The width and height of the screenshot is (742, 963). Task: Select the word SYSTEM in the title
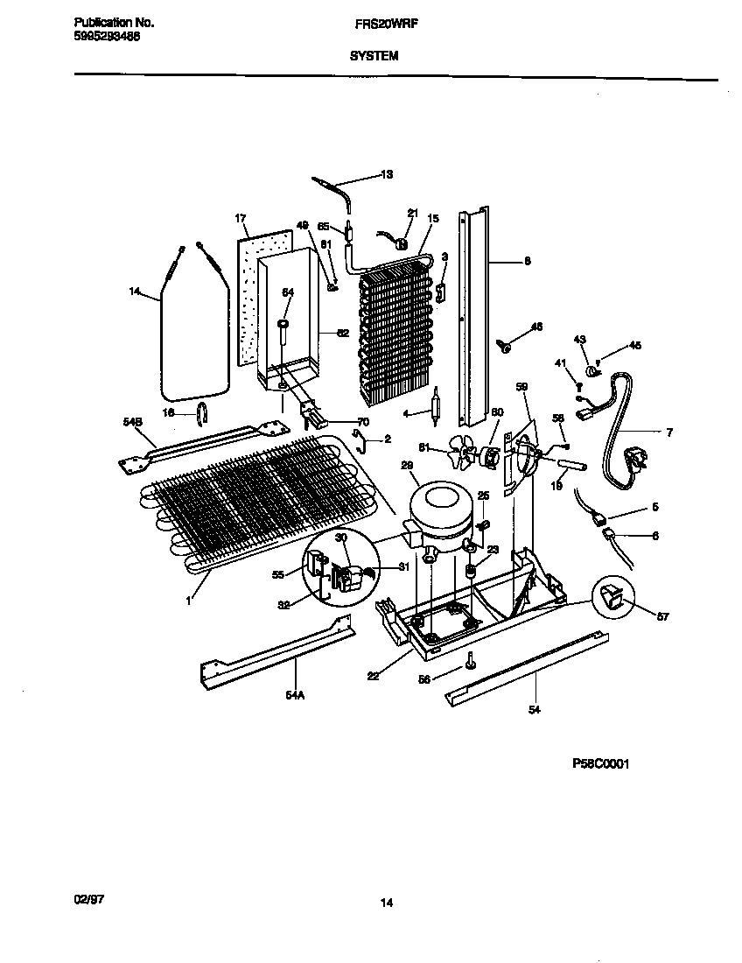[x=374, y=55]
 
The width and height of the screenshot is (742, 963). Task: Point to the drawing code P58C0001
[x=601, y=763]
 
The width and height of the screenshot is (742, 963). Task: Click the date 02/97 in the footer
[x=86, y=900]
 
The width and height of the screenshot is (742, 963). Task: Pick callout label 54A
[x=297, y=694]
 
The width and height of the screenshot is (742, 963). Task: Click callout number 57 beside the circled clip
[x=662, y=617]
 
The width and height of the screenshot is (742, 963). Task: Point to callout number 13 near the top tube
[x=386, y=174]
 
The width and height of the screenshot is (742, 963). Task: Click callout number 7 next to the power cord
[x=669, y=432]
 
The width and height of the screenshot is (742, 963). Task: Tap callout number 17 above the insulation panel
[x=241, y=217]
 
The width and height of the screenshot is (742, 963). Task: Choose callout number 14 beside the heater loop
[x=134, y=292]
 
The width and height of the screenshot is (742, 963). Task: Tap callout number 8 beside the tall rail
[x=527, y=260]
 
